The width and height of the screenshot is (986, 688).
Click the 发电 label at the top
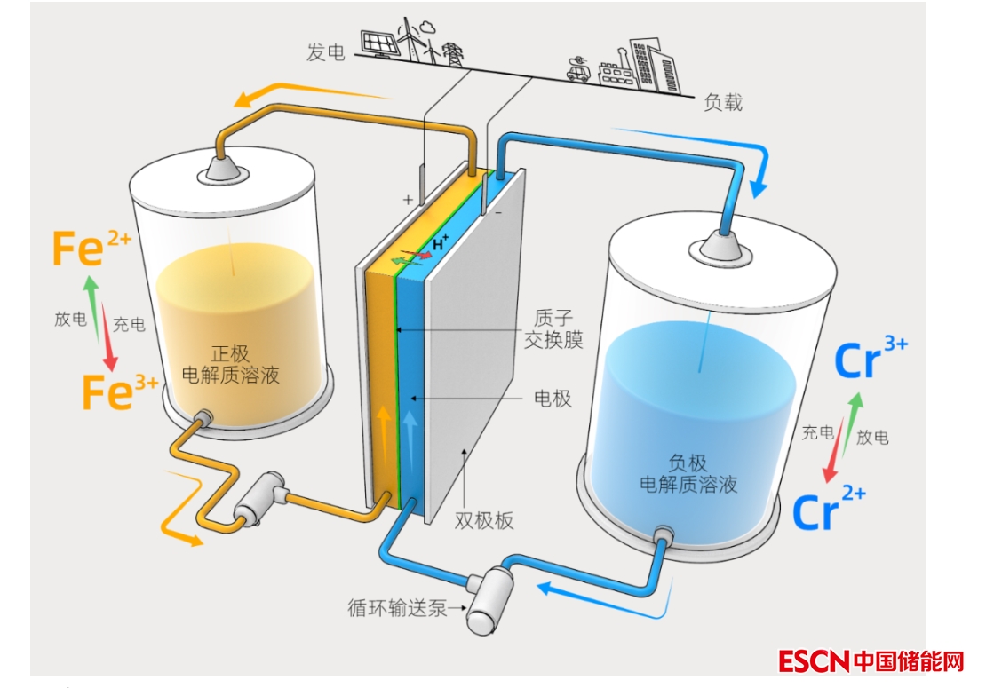pyautogui.click(x=325, y=53)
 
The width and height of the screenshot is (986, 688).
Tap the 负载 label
pyautogui.click(x=722, y=102)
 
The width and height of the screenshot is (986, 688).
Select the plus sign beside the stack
pyautogui.click(x=408, y=200)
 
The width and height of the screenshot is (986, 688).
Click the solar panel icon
pyautogui.click(x=378, y=43)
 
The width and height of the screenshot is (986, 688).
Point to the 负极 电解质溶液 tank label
pyautogui.click(x=688, y=473)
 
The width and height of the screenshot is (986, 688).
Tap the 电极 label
pyautogui.click(x=552, y=399)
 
